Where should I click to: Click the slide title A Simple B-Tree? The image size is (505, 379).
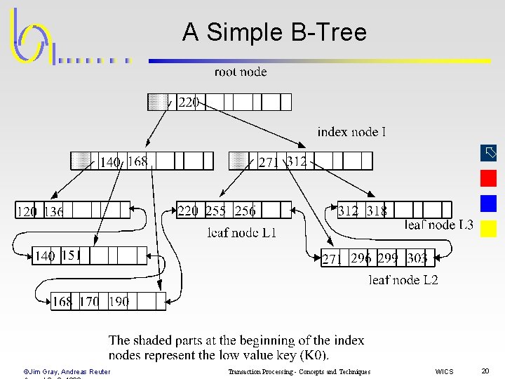(x=274, y=32)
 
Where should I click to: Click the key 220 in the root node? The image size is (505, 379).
(x=188, y=102)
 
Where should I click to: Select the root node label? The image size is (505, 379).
(x=241, y=72)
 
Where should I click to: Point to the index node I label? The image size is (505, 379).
(x=351, y=132)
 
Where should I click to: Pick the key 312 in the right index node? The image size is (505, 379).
(x=297, y=161)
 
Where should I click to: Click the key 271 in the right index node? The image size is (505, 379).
(x=269, y=162)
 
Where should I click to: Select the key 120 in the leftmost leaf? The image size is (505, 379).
(x=27, y=211)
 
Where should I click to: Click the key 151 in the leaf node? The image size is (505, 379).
(x=72, y=255)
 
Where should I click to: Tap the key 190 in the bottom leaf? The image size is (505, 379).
(x=119, y=302)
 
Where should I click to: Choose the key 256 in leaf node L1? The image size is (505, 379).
(x=245, y=211)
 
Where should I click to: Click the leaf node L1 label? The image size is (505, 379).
(x=242, y=233)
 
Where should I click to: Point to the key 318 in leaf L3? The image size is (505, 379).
(x=377, y=211)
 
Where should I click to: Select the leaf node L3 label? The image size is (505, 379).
(x=439, y=225)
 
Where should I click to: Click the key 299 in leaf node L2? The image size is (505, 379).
(x=387, y=258)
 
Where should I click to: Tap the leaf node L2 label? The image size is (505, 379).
(x=403, y=280)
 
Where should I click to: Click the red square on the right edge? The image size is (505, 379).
(x=489, y=178)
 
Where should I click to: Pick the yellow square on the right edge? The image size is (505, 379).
(x=489, y=229)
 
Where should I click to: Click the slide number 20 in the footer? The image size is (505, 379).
(x=485, y=371)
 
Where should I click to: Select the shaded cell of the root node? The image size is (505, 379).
(x=157, y=102)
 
